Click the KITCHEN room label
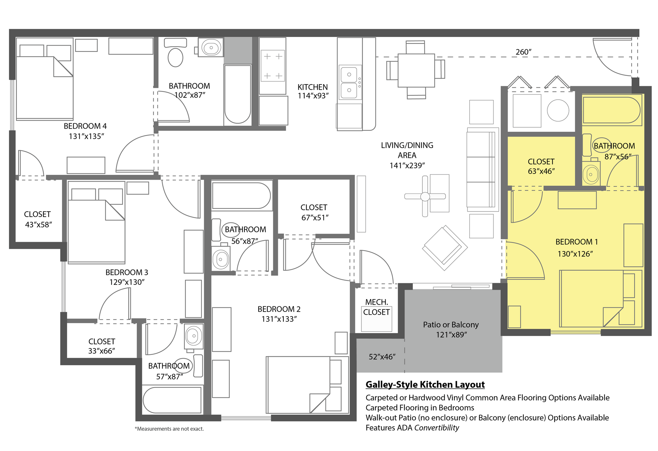tap(312, 87)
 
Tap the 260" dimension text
tap(523, 52)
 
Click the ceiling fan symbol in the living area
tap(425, 196)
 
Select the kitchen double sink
tap(349, 82)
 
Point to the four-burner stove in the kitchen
tap(273, 66)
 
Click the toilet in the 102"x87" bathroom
tap(175, 57)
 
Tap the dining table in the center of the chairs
tap(416, 70)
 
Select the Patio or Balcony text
tap(451, 325)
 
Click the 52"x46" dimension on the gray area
tap(382, 357)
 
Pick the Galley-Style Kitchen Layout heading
tap(425, 385)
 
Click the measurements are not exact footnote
tap(169, 429)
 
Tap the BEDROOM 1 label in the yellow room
tap(576, 242)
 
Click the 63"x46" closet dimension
tap(541, 171)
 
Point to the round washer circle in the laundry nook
tap(558, 110)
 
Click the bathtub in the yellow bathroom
tap(611, 110)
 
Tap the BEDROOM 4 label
tap(85, 126)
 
